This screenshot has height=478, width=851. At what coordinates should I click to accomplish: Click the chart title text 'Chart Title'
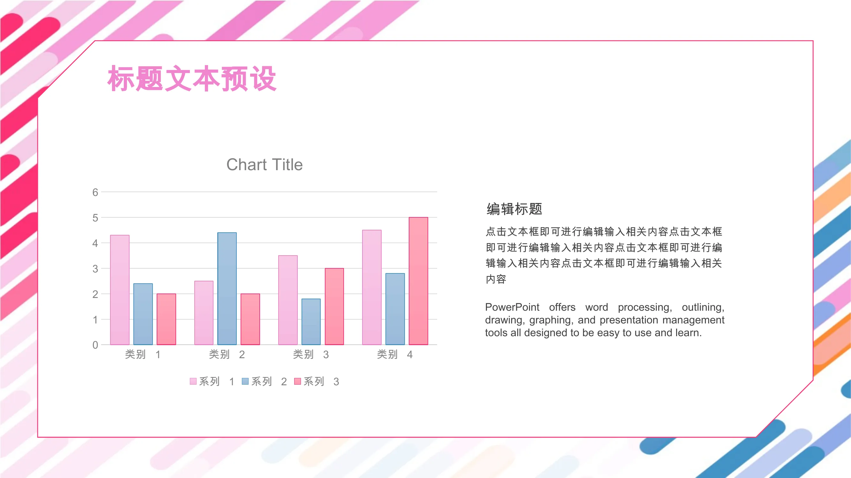[264, 165]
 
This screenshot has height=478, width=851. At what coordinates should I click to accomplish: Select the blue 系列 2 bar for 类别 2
[227, 289]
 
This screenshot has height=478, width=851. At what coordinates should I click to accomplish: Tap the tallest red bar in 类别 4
[418, 281]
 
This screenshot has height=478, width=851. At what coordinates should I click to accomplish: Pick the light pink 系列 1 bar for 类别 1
[120, 290]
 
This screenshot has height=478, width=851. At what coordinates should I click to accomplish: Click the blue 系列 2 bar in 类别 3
[311, 322]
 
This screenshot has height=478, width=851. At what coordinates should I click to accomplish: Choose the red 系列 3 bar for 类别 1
[166, 319]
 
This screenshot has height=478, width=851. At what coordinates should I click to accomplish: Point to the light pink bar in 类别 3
[288, 300]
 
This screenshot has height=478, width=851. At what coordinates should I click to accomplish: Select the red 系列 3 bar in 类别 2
[250, 319]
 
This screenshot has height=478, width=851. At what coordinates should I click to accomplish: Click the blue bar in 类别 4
[395, 309]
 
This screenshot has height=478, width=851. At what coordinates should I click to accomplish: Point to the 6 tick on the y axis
[95, 192]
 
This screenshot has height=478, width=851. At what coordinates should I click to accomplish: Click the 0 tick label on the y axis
[95, 345]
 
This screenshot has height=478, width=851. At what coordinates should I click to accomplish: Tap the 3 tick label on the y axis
[95, 269]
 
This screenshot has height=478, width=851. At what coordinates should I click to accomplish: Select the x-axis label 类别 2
[227, 354]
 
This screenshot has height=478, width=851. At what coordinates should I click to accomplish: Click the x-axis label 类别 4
[395, 354]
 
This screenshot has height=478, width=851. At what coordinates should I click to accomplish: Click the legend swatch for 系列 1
[193, 381]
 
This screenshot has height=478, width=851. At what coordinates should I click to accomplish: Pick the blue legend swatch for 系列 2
[245, 381]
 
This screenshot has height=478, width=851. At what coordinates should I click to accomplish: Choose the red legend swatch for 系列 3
[297, 381]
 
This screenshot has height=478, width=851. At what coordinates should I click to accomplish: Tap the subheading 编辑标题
[514, 209]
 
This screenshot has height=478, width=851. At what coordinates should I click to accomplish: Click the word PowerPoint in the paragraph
[512, 307]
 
